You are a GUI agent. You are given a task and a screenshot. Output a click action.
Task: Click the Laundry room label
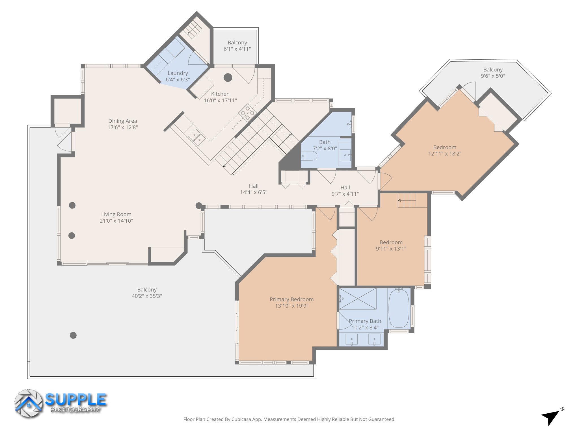(x=178, y=73)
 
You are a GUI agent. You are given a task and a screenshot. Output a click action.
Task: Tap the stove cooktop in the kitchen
(x=247, y=113)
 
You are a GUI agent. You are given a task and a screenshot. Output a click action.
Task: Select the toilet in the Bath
(x=309, y=156)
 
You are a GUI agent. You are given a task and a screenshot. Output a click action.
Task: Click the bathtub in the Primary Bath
(x=399, y=309)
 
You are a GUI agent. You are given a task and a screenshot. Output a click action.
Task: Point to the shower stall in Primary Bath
(x=358, y=299)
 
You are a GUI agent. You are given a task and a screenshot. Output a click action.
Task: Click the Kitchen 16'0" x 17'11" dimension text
(x=220, y=100)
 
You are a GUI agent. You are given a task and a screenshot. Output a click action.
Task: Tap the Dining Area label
(x=122, y=121)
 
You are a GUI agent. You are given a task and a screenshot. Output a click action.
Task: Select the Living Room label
(x=116, y=214)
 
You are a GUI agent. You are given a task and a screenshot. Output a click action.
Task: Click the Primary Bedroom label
(x=291, y=300)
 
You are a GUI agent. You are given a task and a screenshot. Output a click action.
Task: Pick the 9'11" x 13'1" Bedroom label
(x=391, y=246)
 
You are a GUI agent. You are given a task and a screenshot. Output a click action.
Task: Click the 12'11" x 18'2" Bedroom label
(x=444, y=150)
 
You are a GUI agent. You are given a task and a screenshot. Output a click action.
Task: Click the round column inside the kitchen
(x=228, y=77)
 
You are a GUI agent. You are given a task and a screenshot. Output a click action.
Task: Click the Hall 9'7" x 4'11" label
(x=345, y=190)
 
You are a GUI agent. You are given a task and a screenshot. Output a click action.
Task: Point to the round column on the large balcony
(x=73, y=335)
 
